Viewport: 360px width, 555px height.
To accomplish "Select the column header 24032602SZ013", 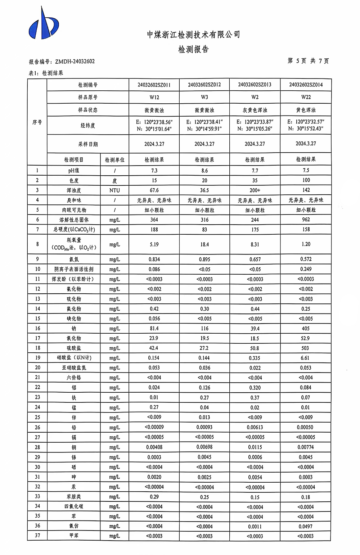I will coord(255,85).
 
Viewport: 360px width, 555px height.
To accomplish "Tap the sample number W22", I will coord(306,97).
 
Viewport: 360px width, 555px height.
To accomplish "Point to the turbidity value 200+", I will coord(255,190).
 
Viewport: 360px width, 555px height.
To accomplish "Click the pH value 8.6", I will coord(204,171).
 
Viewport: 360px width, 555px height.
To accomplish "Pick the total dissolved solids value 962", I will coord(306,220).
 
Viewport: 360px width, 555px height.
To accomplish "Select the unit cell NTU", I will coord(114,190).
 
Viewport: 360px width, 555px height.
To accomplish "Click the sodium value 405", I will coord(306,328).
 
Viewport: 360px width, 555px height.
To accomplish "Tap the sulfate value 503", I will coord(305,348).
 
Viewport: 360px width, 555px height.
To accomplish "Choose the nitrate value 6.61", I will coord(305,358).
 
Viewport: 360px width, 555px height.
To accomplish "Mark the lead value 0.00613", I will coord(255,427).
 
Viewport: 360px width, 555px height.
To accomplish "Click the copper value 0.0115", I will coord(255,447).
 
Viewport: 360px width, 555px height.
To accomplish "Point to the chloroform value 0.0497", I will coord(306,526).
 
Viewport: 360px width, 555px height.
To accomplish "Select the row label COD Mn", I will coord(74,248).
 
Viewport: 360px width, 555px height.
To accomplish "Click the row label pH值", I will coord(74,171).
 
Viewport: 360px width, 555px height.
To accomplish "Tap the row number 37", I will coord(37,536).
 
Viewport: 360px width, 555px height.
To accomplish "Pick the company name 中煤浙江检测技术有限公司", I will coord(193,35).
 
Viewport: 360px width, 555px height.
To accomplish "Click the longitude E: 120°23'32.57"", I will coord(306,122).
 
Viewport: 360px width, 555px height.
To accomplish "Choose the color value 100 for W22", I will coord(306,180).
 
